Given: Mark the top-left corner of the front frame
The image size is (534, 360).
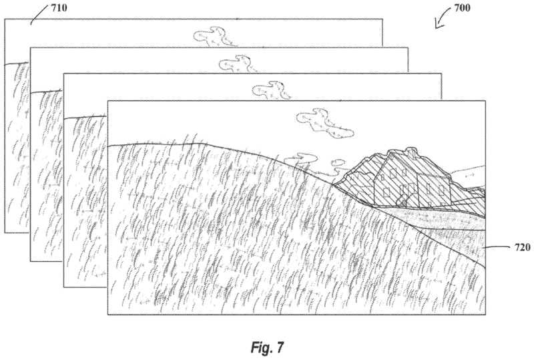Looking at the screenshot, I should (x=107, y=101).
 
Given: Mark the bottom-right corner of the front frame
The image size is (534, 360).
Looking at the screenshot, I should (x=486, y=315).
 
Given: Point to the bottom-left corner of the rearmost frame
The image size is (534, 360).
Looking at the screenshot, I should (x=5, y=232).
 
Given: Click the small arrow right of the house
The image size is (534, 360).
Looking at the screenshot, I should (x=467, y=174).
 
